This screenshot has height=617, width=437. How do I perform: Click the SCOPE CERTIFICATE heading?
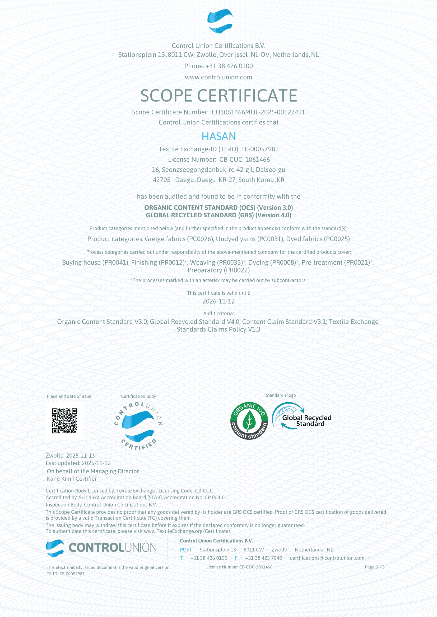tap(218, 96)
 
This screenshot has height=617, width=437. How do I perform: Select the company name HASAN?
tap(218, 137)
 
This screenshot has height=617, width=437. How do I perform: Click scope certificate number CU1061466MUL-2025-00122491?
tap(258, 112)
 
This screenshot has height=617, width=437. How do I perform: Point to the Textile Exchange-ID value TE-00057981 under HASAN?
tap(260, 149)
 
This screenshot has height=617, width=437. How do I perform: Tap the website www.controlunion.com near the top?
tap(218, 77)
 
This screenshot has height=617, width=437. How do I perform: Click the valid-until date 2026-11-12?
tap(218, 301)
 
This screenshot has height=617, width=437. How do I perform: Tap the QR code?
tap(64, 421)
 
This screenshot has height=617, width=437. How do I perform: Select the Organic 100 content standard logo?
tap(249, 421)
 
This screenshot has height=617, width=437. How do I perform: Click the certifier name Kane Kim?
tap(59, 479)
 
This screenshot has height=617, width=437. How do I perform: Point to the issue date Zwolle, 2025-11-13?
tap(70, 456)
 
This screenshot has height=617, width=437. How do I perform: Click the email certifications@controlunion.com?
tap(327, 558)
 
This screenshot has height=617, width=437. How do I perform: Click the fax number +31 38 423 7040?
tap(263, 558)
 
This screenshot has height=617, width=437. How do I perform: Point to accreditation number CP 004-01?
tap(216, 498)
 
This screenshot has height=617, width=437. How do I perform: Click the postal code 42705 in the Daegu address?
tap(161, 180)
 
